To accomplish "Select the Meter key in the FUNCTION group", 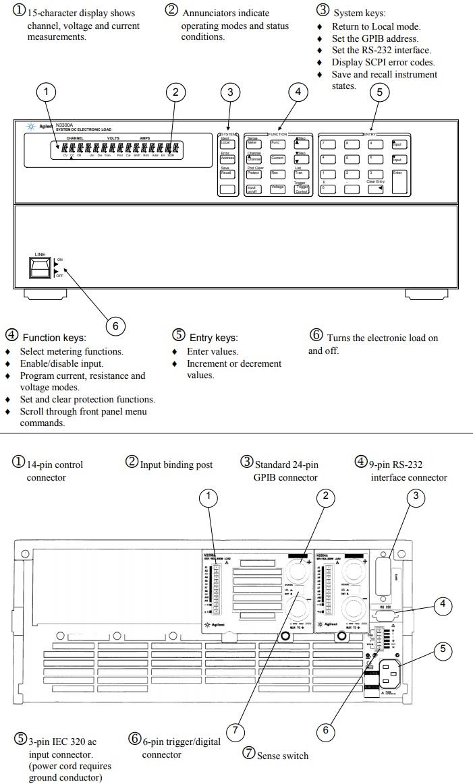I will tap(252, 143).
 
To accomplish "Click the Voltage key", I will tap(277, 189).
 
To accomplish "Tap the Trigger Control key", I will tap(302, 189).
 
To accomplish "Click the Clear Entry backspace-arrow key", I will tap(376, 189).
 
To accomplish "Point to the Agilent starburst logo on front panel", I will tap(31, 127).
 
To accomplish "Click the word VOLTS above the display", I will tap(113, 138).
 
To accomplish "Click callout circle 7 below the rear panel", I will tap(235, 730).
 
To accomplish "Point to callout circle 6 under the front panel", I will tap(115, 326).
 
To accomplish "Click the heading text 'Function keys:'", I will tap(54, 337).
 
